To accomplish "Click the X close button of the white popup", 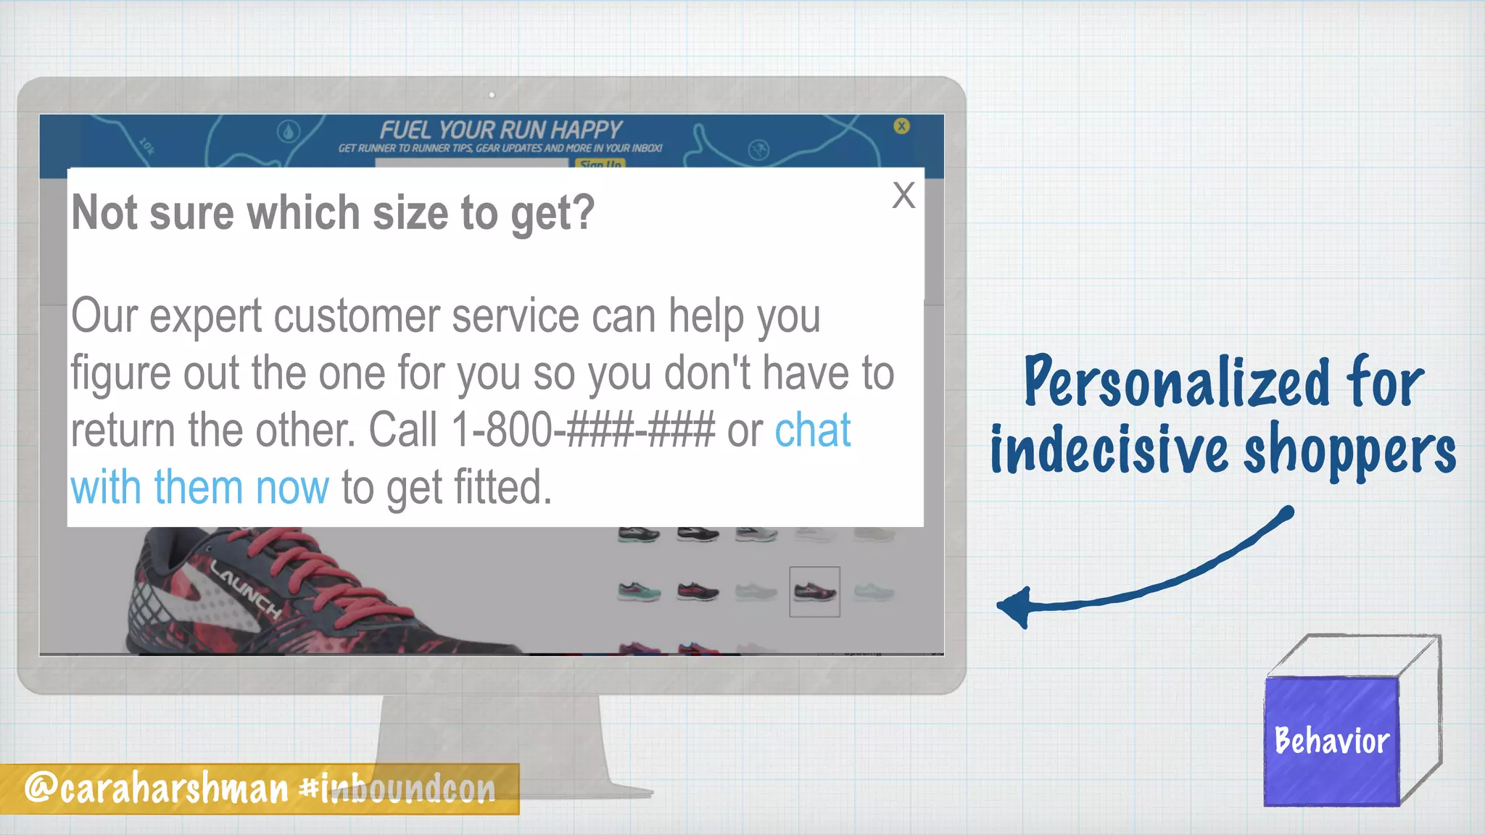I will [x=903, y=195].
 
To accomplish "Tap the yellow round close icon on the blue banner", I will [x=901, y=126].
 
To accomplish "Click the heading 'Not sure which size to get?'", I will [x=333, y=213].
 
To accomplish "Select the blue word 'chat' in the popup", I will [x=812, y=431].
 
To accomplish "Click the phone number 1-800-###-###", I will [x=583, y=431].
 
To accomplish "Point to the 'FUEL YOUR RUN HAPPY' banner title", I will [x=500, y=130].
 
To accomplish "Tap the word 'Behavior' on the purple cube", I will [x=1331, y=741].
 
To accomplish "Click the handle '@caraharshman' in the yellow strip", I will [x=157, y=788].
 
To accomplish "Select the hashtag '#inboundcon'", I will [x=398, y=789].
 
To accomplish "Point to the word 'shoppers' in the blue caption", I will [x=1349, y=451].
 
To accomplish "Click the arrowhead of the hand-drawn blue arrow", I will [x=1015, y=606].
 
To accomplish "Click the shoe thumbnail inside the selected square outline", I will [x=814, y=591].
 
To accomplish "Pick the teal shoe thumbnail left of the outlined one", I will [x=639, y=591].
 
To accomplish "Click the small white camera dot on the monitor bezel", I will [x=492, y=95].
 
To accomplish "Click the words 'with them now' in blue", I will [x=200, y=487].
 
